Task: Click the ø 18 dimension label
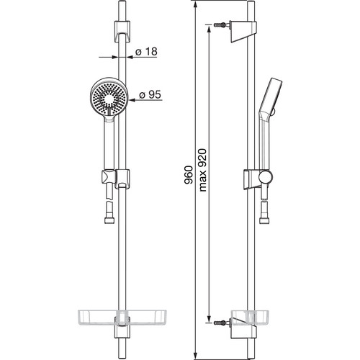click(146, 52)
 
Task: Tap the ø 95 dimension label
click(150, 95)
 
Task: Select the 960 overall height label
click(189, 175)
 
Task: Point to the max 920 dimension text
click(202, 170)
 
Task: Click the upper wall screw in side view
click(220, 24)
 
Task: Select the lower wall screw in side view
click(220, 323)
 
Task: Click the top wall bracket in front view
click(122, 32)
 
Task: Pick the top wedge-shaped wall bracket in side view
click(243, 32)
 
